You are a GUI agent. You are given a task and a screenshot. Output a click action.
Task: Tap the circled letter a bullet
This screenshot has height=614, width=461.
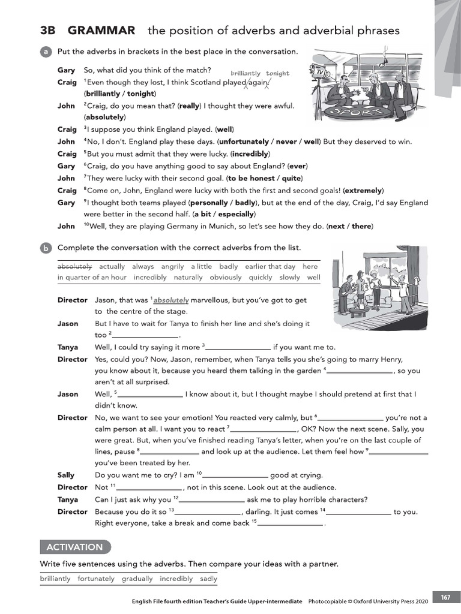[46, 52]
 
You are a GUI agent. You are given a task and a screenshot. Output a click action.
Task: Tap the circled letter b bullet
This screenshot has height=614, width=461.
[46, 248]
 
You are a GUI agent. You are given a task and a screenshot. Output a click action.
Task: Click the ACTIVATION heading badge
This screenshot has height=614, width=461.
[75, 547]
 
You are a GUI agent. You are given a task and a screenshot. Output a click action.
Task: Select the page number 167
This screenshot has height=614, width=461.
[445, 597]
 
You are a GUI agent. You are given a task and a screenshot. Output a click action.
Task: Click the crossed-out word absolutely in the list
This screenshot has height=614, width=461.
[75, 266]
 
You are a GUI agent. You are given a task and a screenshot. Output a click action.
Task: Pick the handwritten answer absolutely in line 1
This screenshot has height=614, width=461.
[171, 300]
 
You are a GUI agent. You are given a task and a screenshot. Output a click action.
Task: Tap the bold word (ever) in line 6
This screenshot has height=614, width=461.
[298, 166]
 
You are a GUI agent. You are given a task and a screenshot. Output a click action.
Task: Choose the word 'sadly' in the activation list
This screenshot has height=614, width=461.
[208, 579]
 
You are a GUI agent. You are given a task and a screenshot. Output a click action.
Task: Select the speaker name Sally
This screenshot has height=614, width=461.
[66, 475]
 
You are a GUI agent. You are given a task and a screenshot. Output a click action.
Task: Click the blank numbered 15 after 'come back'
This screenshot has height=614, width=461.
[291, 523]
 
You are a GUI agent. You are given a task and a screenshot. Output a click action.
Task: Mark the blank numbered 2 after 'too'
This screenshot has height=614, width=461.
[145, 336]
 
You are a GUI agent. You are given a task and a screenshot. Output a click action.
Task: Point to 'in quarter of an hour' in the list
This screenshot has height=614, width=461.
[92, 278]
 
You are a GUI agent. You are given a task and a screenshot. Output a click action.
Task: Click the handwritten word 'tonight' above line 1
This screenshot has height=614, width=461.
[277, 73]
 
